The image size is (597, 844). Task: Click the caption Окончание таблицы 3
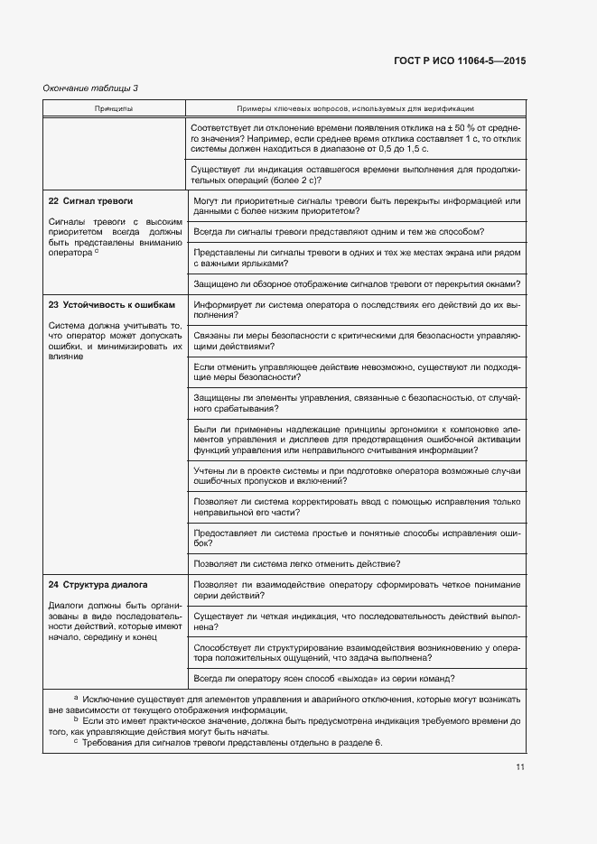pyautogui.click(x=91, y=88)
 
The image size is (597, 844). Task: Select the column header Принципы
pyautogui.click(x=114, y=107)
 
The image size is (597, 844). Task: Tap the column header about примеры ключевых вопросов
pyautogui.click(x=356, y=107)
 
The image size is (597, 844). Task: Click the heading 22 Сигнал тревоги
pyautogui.click(x=90, y=199)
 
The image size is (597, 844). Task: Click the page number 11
pyautogui.click(x=520, y=767)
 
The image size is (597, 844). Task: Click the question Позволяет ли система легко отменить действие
pyautogui.click(x=297, y=563)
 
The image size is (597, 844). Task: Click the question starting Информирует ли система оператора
pyautogui.click(x=356, y=310)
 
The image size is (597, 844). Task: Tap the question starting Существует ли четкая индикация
pyautogui.click(x=356, y=620)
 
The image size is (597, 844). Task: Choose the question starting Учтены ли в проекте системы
pyautogui.click(x=356, y=475)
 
